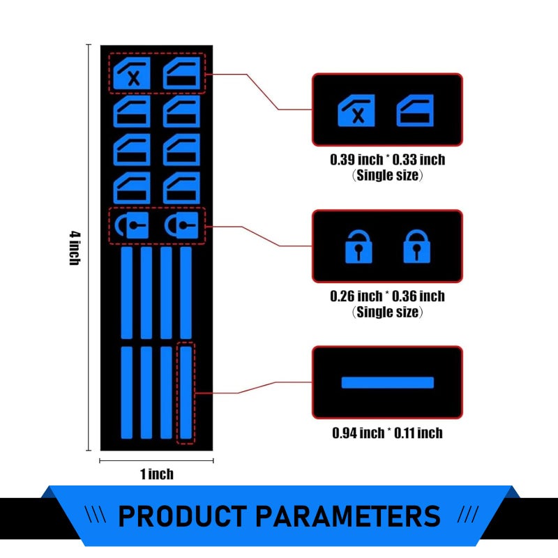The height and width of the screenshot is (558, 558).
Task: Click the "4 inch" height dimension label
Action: pos(75,248)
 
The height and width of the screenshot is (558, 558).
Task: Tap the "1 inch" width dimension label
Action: pos(156,474)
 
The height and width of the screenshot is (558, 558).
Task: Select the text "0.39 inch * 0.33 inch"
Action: pos(388,160)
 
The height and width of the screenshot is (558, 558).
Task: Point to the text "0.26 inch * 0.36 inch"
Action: pos(388,296)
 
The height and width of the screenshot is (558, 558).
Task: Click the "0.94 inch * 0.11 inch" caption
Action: pos(388,432)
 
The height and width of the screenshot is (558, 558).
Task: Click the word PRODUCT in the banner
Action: pos(182,516)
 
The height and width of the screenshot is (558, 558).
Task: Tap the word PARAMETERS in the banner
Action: pos(348,516)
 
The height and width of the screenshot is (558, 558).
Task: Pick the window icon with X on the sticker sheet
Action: pos(132,73)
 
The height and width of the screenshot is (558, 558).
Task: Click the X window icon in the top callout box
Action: pos(356,111)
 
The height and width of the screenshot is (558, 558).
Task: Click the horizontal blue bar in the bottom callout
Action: pos(388,382)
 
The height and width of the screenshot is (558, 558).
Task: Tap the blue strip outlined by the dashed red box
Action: pos(186,393)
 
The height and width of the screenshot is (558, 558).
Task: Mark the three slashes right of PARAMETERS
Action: pos(468,515)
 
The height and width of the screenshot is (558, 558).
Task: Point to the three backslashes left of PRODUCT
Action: pos(96,515)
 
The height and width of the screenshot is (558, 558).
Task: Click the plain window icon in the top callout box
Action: pos(415,111)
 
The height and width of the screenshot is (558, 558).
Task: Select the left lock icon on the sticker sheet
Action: pos(132,225)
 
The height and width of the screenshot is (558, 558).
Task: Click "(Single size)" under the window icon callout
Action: pos(388,176)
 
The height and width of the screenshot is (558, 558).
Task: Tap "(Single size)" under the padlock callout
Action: pos(388,312)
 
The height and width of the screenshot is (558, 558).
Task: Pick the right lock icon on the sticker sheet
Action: pos(181,225)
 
